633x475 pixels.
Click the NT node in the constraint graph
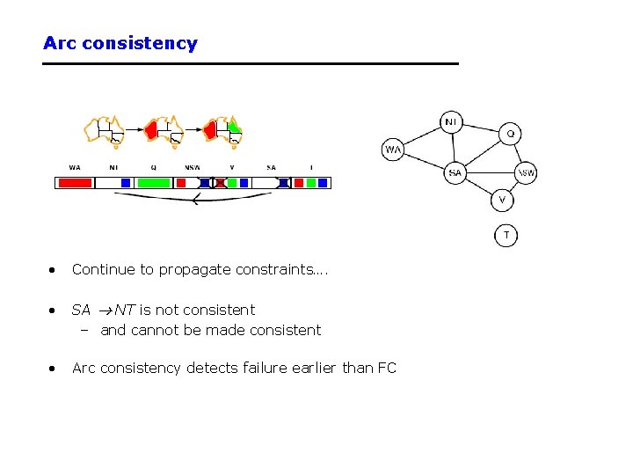[451, 121]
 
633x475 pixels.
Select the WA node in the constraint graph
[393, 150]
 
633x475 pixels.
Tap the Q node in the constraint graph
[511, 134]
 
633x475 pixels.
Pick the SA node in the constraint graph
[455, 172]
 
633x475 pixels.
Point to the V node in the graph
[502, 200]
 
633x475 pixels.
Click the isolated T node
[506, 235]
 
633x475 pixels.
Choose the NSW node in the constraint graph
[526, 172]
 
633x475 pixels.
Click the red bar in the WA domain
[75, 183]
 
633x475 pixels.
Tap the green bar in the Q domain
[154, 183]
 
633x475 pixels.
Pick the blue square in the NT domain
[126, 183]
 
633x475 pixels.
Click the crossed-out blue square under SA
[283, 183]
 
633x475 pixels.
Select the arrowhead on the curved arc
[194, 201]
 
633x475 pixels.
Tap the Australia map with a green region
[224, 128]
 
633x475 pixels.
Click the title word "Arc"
[60, 43]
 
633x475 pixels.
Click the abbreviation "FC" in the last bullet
[387, 368]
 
